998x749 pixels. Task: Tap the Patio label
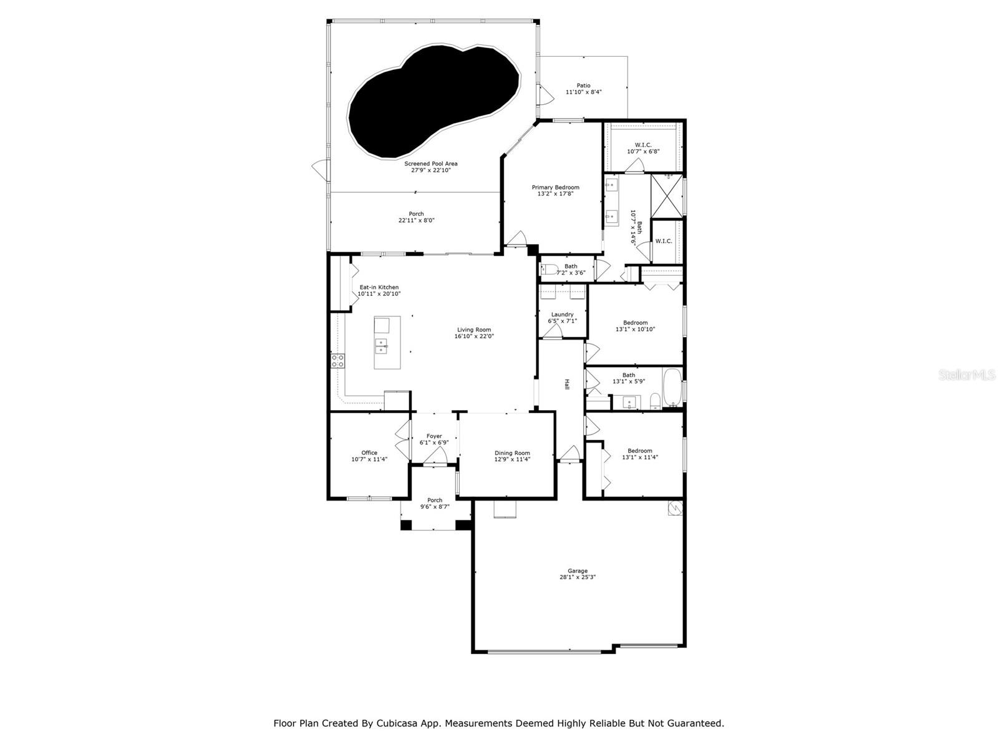tap(583, 86)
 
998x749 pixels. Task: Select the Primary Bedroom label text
tap(555, 187)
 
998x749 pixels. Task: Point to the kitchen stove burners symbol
tap(337, 360)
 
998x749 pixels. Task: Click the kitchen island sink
tap(380, 345)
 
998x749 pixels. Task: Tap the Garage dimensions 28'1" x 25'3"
tap(578, 578)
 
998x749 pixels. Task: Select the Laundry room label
tap(562, 315)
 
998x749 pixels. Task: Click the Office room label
tap(369, 453)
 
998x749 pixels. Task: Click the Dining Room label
tap(512, 453)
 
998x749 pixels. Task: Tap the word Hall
tap(567, 385)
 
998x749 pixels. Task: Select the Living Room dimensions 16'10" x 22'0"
tap(474, 336)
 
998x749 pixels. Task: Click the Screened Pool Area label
tap(430, 164)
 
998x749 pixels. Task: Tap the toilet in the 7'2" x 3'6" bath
tap(548, 270)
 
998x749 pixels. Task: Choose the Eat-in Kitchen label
tap(379, 287)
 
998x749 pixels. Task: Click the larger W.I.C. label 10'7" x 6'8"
tap(643, 148)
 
